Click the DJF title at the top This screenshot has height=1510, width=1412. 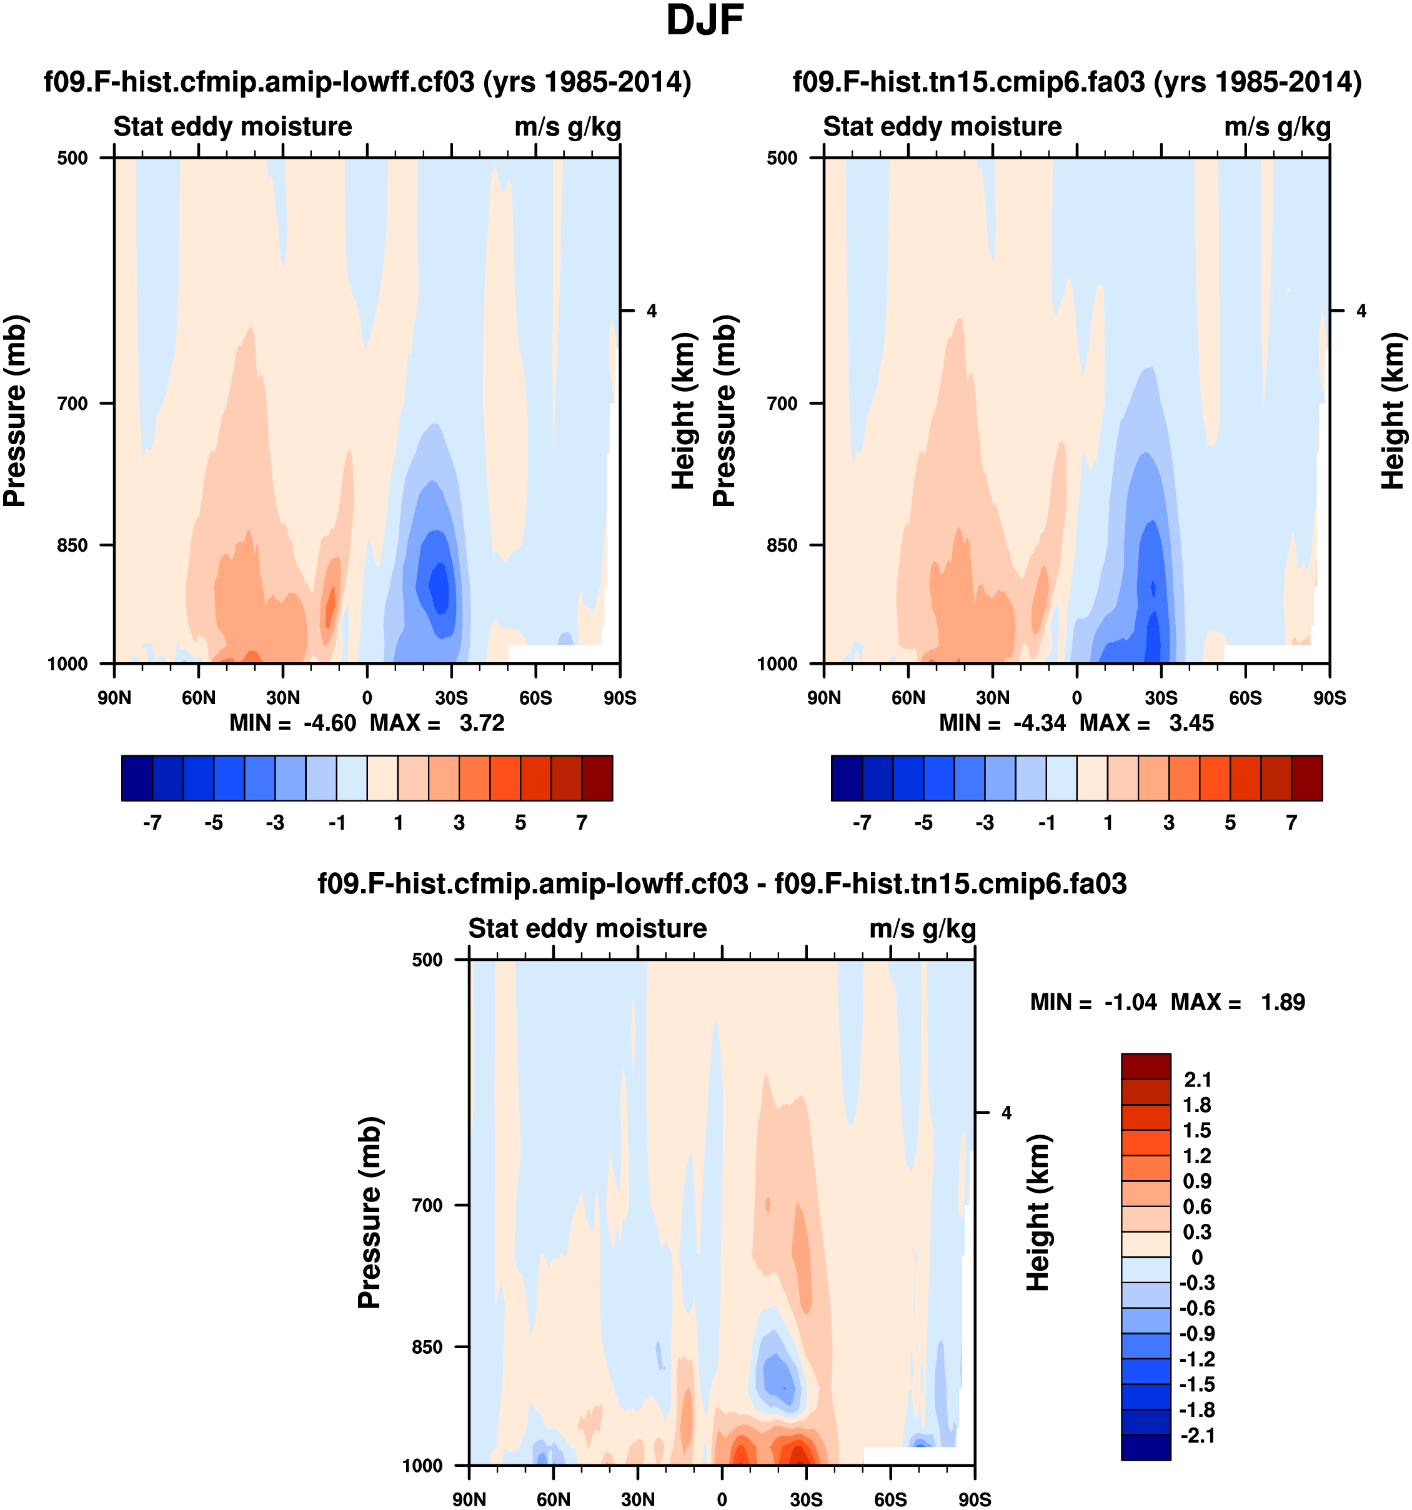click(x=704, y=21)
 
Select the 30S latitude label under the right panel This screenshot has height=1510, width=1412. click(x=1161, y=697)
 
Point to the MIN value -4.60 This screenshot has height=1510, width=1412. click(x=330, y=723)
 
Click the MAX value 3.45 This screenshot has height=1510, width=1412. click(x=1191, y=723)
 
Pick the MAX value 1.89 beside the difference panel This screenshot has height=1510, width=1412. click(x=1282, y=1002)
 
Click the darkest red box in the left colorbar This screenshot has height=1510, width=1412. click(x=597, y=778)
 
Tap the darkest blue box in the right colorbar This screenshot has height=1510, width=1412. click(x=847, y=778)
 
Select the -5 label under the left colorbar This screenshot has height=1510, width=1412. click(x=214, y=823)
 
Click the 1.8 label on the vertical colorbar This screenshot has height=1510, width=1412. click(x=1196, y=1105)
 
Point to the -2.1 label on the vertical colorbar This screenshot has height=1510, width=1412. click(x=1196, y=1435)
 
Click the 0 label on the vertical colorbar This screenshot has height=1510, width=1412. click(x=1196, y=1257)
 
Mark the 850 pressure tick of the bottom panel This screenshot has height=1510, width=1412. click(x=427, y=1347)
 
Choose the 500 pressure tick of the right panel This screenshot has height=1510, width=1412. click(x=782, y=158)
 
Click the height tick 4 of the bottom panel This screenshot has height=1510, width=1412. click(x=1007, y=1113)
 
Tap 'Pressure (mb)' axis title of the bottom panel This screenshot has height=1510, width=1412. click(x=369, y=1212)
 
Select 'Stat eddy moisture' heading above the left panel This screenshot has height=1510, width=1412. click(x=232, y=127)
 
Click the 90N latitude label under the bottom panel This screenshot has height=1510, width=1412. click(x=469, y=1499)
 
